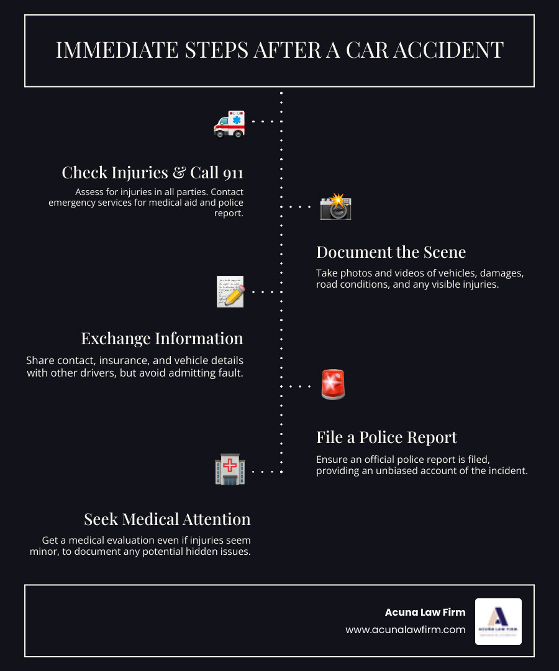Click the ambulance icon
tap(229, 123)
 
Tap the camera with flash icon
tap(335, 207)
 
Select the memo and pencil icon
tap(230, 291)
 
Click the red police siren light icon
tap(333, 385)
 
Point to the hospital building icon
tap(230, 469)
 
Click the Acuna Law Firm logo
tap(498, 621)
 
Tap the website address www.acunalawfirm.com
tap(406, 629)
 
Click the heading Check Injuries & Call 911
tap(152, 172)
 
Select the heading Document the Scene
tap(391, 252)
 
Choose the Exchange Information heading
tap(162, 339)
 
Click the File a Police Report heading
tap(386, 437)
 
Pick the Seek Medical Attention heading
tap(167, 519)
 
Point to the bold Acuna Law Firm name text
tap(425, 612)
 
